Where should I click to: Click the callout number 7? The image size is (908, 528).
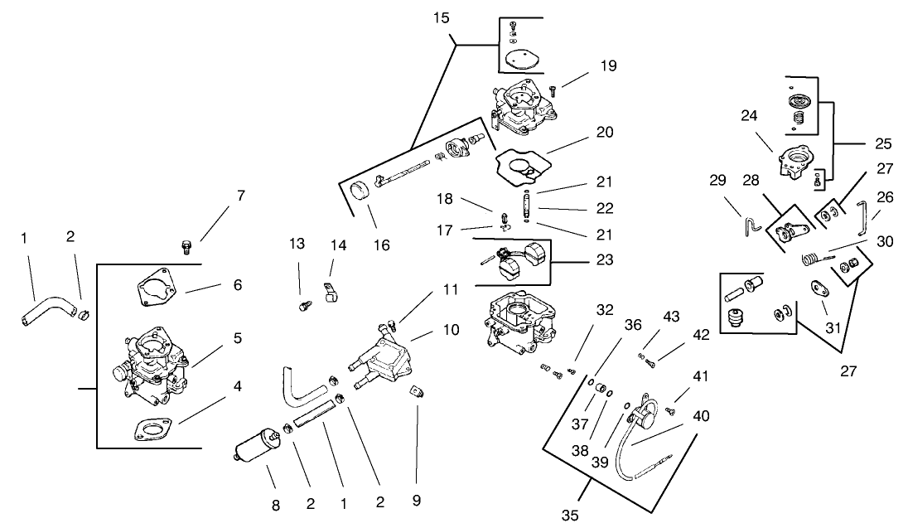pos(240,196)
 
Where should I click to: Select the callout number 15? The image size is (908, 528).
pos(442,17)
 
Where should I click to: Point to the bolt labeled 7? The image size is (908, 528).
pos(186,246)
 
